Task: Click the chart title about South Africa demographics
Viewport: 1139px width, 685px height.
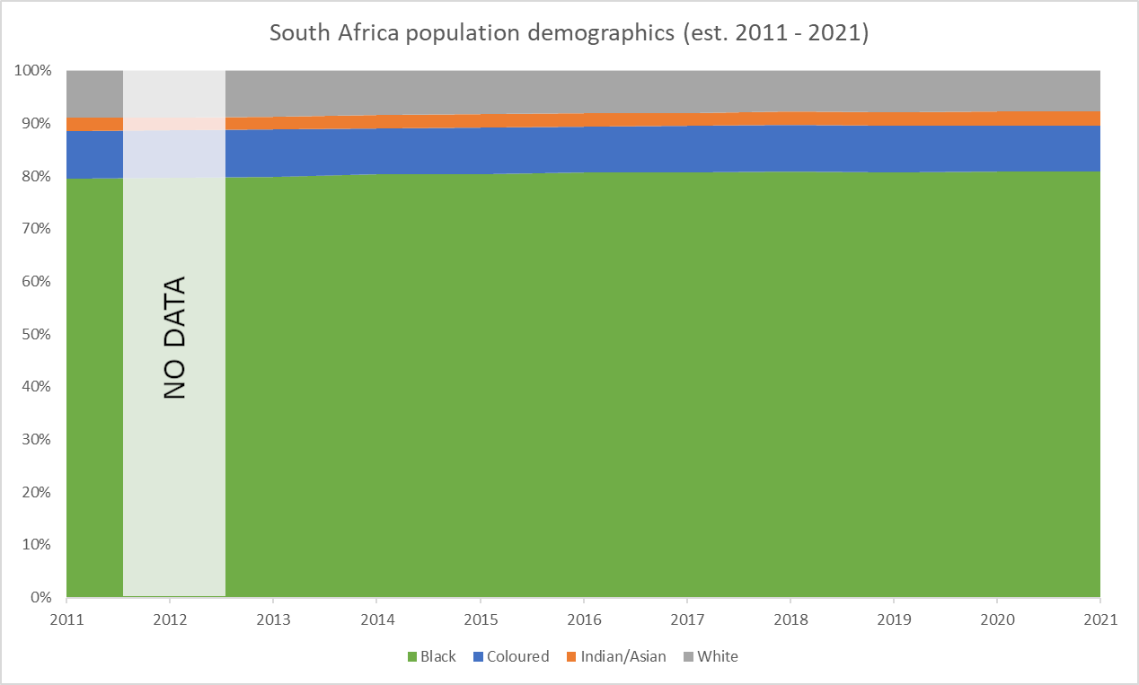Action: coord(569,33)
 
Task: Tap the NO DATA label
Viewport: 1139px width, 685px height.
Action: coord(174,338)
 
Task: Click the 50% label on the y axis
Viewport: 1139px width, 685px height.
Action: coord(39,334)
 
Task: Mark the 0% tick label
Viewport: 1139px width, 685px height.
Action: coord(42,597)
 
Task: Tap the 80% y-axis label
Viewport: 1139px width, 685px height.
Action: coord(39,176)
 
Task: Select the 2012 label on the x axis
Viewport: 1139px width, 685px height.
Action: coord(169,619)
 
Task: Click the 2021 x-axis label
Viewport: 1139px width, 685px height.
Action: coord(1100,619)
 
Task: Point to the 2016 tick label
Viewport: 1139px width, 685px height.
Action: coord(583,619)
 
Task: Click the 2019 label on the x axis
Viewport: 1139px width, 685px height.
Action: coord(894,619)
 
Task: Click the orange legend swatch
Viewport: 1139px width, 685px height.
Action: coord(569,656)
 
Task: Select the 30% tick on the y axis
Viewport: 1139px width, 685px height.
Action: coord(39,439)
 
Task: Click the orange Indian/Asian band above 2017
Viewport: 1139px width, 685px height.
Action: coord(687,119)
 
